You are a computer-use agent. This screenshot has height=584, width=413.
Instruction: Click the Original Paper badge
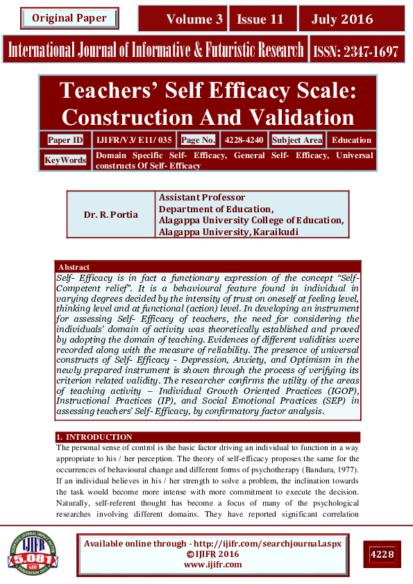[x=69, y=18]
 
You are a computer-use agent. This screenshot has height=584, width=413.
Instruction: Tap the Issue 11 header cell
[x=260, y=19]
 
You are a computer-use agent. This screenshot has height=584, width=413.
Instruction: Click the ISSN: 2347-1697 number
[x=356, y=51]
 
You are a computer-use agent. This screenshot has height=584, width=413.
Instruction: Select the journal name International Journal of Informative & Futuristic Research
[x=156, y=51]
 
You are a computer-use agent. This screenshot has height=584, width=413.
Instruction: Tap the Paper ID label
[x=65, y=140]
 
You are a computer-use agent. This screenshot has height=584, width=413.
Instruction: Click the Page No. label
[x=199, y=140]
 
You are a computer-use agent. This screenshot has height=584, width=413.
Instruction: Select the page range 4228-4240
[x=244, y=140]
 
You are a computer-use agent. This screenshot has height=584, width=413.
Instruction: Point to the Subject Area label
[x=297, y=140]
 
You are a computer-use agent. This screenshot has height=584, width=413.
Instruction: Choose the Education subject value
[x=351, y=140]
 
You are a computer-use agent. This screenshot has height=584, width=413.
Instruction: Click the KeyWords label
[x=65, y=160]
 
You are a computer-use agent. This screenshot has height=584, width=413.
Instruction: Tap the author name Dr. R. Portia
[x=111, y=215]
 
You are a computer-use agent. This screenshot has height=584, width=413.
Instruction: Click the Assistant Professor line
[x=202, y=198]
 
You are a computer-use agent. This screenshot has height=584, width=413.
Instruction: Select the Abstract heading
[x=74, y=267]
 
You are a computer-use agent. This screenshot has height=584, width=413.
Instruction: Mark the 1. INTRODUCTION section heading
[x=94, y=437]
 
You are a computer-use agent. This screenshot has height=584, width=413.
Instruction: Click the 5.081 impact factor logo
[x=33, y=553]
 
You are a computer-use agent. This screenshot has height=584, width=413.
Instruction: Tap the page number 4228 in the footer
[x=382, y=554]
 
